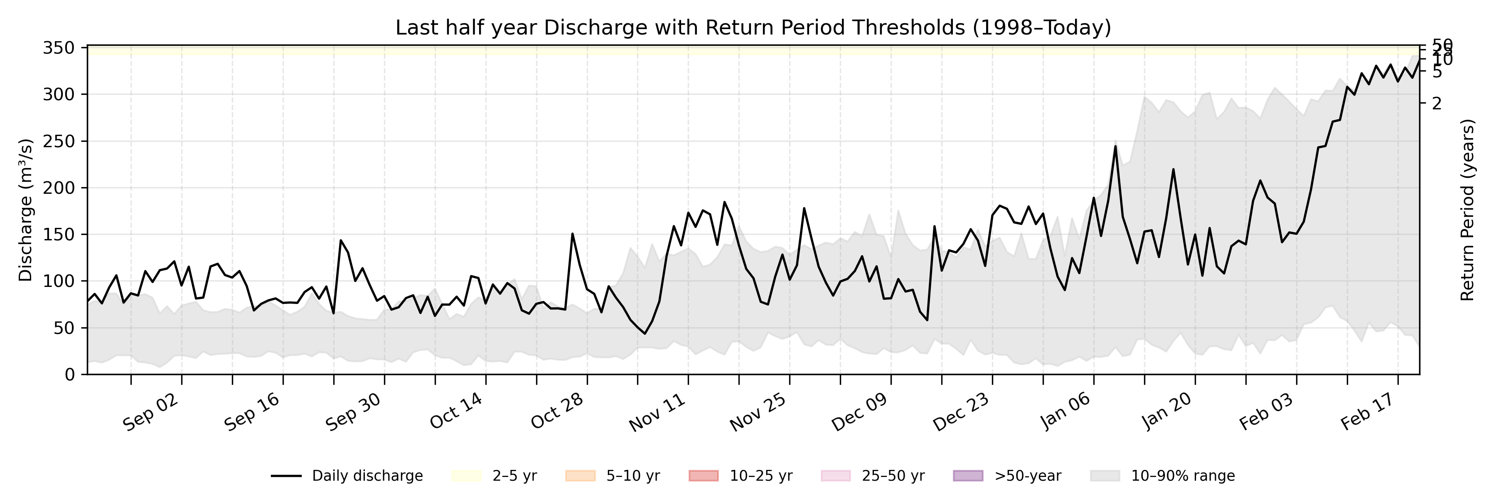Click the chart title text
pyautogui.click(x=753, y=27)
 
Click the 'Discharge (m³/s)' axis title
pyautogui.click(x=25, y=210)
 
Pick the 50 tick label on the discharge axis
pyautogui.click(x=64, y=328)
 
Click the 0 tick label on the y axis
pyautogui.click(x=70, y=375)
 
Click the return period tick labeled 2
pyautogui.click(x=1437, y=104)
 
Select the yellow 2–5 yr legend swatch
pyautogui.click(x=466, y=476)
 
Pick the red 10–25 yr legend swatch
pyautogui.click(x=703, y=476)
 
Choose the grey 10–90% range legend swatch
pyautogui.click(x=1105, y=476)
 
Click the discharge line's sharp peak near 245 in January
pyautogui.click(x=1115, y=146)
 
